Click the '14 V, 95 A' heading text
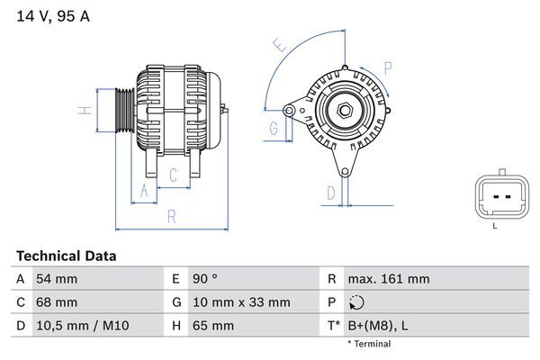[x=53, y=16]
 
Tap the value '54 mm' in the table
[x=56, y=279]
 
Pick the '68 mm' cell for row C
[x=56, y=302]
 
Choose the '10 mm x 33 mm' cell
[x=238, y=302]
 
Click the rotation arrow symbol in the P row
[x=358, y=303]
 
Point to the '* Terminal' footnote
[x=370, y=344]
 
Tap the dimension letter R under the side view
[x=170, y=216]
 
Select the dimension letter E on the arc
[x=280, y=44]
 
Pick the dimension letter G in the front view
[x=273, y=129]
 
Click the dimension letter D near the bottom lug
[x=330, y=192]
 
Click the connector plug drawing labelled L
[x=496, y=196]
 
